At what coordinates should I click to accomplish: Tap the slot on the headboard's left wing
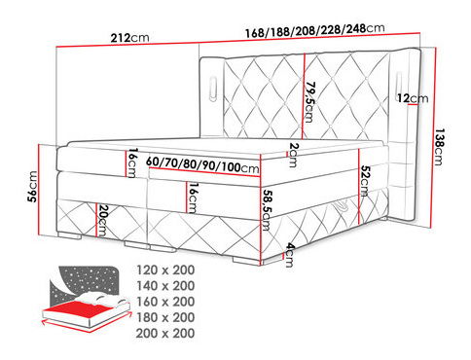tap(212, 90)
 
